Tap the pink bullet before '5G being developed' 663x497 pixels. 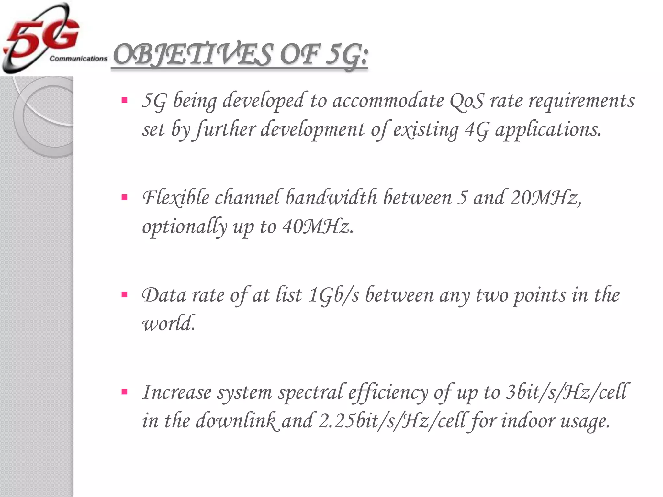[x=124, y=100]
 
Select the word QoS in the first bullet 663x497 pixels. [x=466, y=101]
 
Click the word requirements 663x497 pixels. [x=581, y=101]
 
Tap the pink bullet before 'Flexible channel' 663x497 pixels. [x=124, y=197]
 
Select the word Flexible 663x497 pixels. [x=176, y=198]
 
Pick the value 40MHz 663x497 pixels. [x=317, y=226]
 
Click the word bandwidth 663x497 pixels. [x=331, y=198]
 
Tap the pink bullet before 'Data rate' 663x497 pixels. [x=124, y=295]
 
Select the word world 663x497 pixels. [x=169, y=323]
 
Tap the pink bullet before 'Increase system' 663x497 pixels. [x=124, y=392]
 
